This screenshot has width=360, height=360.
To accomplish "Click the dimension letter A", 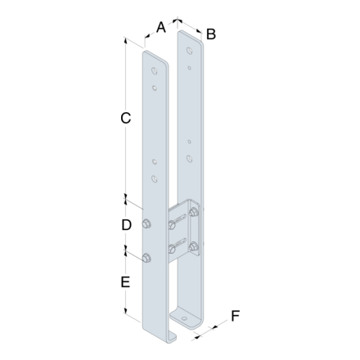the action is [x=161, y=28].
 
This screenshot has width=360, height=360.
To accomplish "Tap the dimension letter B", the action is [x=211, y=34].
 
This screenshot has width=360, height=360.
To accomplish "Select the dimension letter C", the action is [x=125, y=119].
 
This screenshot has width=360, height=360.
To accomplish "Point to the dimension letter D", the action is [x=126, y=225].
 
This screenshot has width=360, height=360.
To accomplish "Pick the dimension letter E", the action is [x=125, y=282].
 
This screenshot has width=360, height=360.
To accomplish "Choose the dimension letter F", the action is [x=235, y=316].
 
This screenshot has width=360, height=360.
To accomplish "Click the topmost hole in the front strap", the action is [x=155, y=70].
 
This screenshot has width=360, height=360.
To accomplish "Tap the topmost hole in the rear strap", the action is [x=189, y=51].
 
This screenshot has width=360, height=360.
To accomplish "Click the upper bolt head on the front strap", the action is [x=146, y=223].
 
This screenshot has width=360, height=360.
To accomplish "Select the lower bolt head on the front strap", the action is [x=146, y=258].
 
